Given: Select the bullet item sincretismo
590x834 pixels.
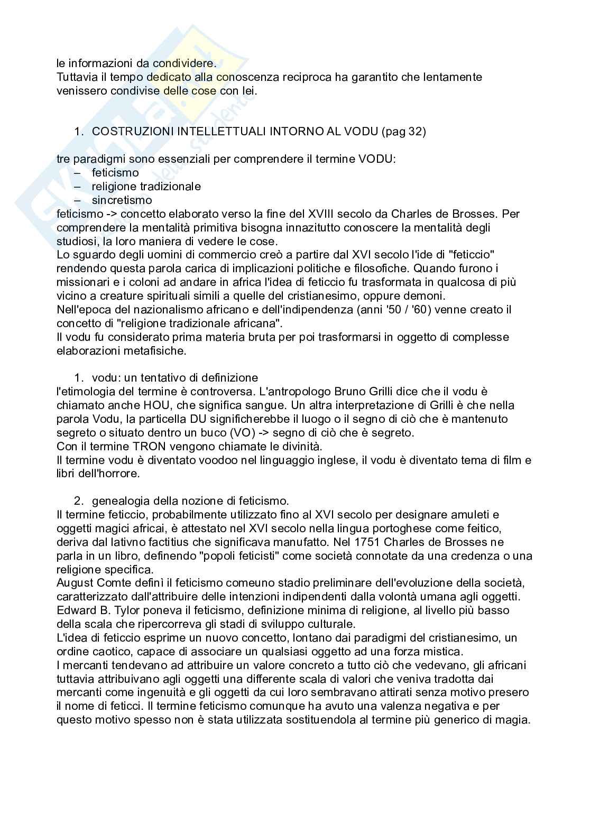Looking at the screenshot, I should tap(122, 200).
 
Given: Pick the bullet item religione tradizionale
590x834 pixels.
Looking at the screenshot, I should tap(146, 187).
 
